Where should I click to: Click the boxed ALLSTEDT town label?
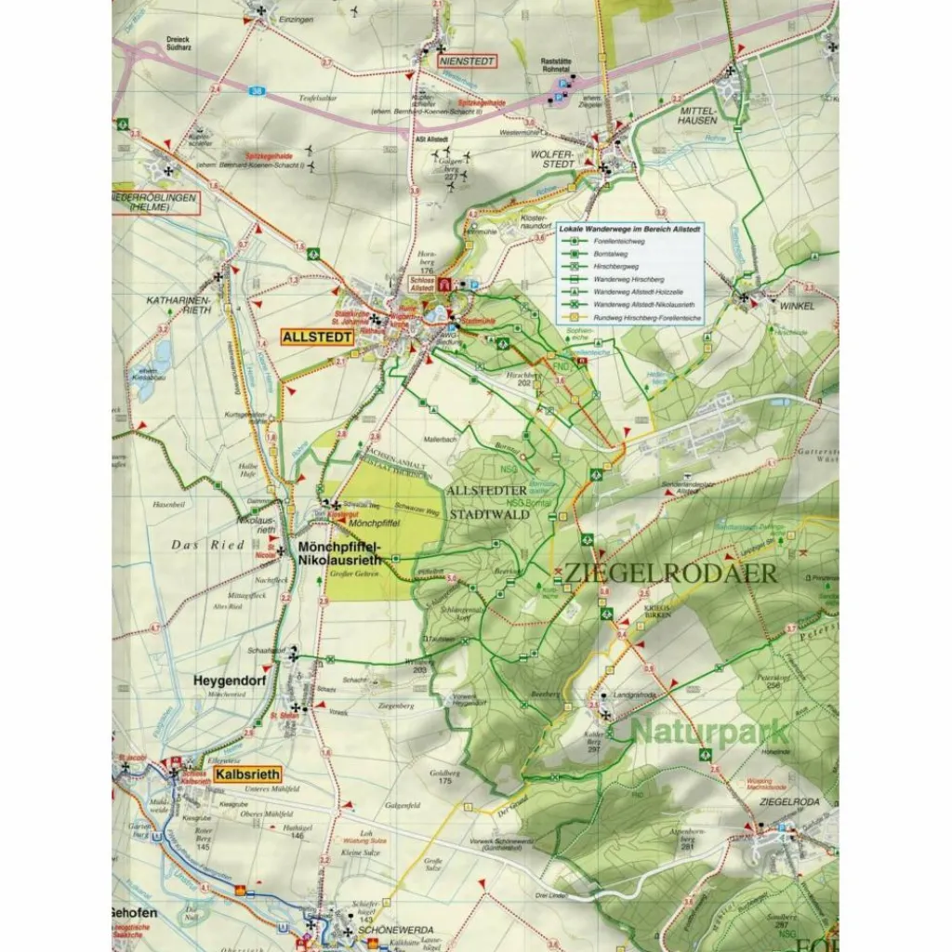pos(317,337)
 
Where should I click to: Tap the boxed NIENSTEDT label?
pos(467,61)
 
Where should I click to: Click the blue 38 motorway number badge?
pos(256,90)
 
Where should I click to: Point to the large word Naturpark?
pos(709,732)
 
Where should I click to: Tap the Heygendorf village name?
pos(224,681)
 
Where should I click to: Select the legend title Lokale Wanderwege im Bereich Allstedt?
pos(630,228)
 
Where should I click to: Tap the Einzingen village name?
pos(299,18)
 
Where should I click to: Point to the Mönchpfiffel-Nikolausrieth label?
pos(338,555)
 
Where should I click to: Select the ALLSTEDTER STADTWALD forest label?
pos(488,501)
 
